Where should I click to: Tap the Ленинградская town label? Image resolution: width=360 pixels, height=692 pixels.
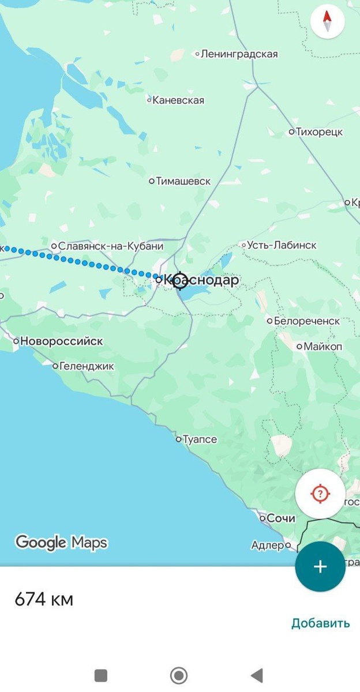[x=239, y=54]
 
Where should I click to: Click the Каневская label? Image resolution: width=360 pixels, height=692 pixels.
[x=178, y=100]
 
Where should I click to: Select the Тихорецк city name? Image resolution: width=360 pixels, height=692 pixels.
[x=319, y=132]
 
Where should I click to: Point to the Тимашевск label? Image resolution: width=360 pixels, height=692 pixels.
[x=183, y=181]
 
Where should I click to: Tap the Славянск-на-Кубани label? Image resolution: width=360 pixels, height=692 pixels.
[x=110, y=246]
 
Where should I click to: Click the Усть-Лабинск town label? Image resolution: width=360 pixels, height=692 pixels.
[x=282, y=245]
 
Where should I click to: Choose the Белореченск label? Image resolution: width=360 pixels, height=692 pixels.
[x=306, y=321]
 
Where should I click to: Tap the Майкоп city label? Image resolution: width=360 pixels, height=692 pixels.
[x=322, y=347]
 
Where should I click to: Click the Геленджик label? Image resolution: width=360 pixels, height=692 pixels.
[x=87, y=366]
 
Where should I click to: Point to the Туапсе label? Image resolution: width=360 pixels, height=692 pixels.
[x=200, y=439]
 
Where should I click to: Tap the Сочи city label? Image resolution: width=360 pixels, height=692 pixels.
[x=280, y=518]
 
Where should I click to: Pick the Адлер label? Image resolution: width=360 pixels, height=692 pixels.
[x=268, y=545]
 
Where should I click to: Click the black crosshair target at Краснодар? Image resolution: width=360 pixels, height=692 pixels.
[x=179, y=280]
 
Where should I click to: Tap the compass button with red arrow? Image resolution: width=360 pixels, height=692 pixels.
[x=327, y=21]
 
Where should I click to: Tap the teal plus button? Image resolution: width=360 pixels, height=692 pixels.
[x=320, y=566]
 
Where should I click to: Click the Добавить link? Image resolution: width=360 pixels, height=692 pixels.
[x=320, y=623]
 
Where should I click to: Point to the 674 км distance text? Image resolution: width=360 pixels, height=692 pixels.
[x=44, y=600]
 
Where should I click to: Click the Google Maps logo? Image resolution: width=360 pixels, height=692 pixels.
[x=61, y=543]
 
